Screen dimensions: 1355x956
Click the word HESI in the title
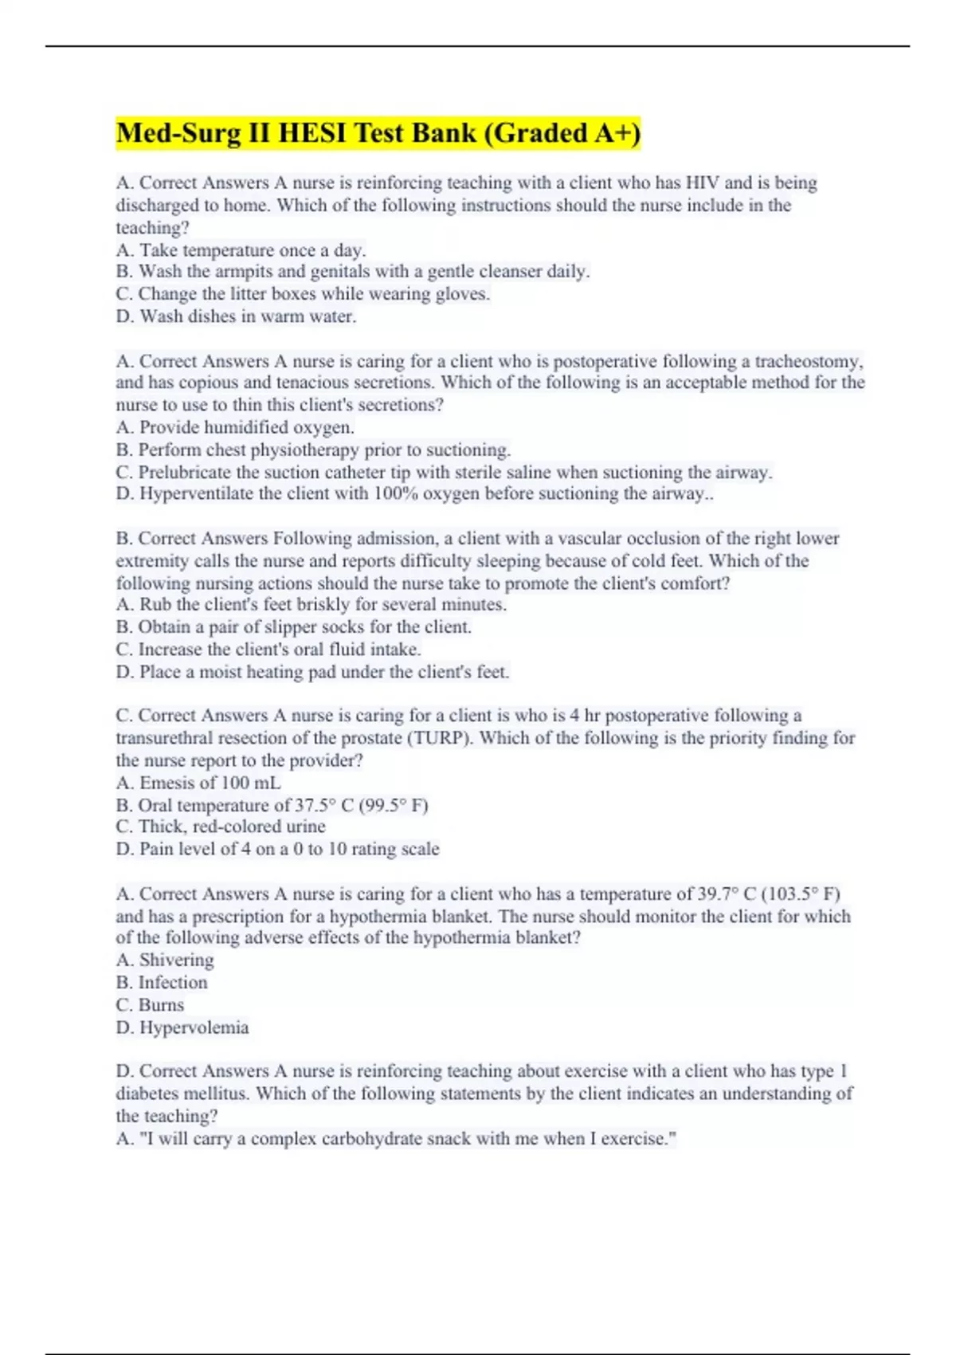tap(312, 133)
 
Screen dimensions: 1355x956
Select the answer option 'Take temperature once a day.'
tap(241, 249)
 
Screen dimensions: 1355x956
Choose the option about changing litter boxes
tap(303, 294)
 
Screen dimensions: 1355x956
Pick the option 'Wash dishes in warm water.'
tap(236, 316)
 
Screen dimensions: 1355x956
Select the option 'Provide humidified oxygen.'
tap(235, 427)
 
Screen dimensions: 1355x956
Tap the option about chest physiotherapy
tap(313, 450)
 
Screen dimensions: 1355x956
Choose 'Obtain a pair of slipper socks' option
tap(293, 627)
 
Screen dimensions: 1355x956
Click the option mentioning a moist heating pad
tap(312, 672)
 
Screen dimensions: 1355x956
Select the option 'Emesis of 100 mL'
tap(198, 783)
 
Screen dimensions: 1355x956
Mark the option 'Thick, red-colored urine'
tap(221, 827)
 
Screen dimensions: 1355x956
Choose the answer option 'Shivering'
tap(165, 960)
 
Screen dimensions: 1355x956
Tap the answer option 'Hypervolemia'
tap(182, 1027)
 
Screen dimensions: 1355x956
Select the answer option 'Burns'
tap(150, 1005)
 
